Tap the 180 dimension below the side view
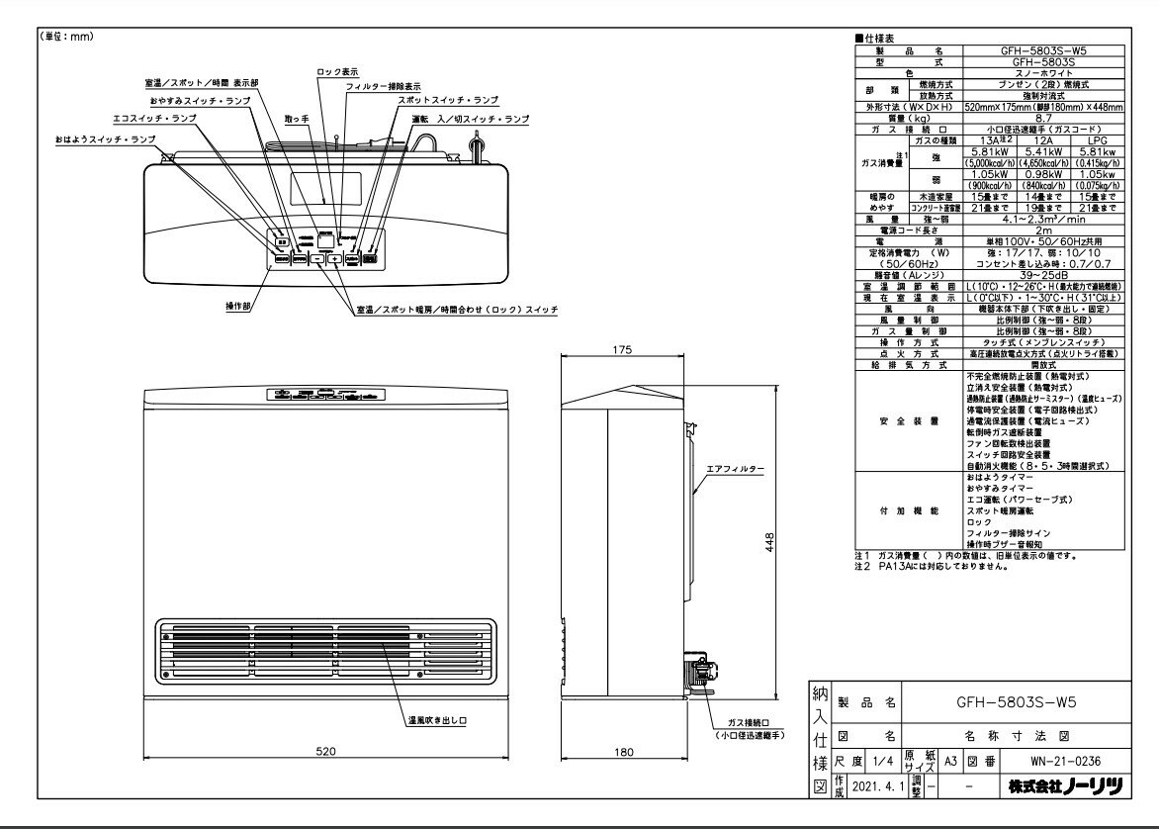[x=623, y=752]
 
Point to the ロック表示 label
[x=337, y=72]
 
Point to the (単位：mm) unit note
[x=66, y=37]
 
